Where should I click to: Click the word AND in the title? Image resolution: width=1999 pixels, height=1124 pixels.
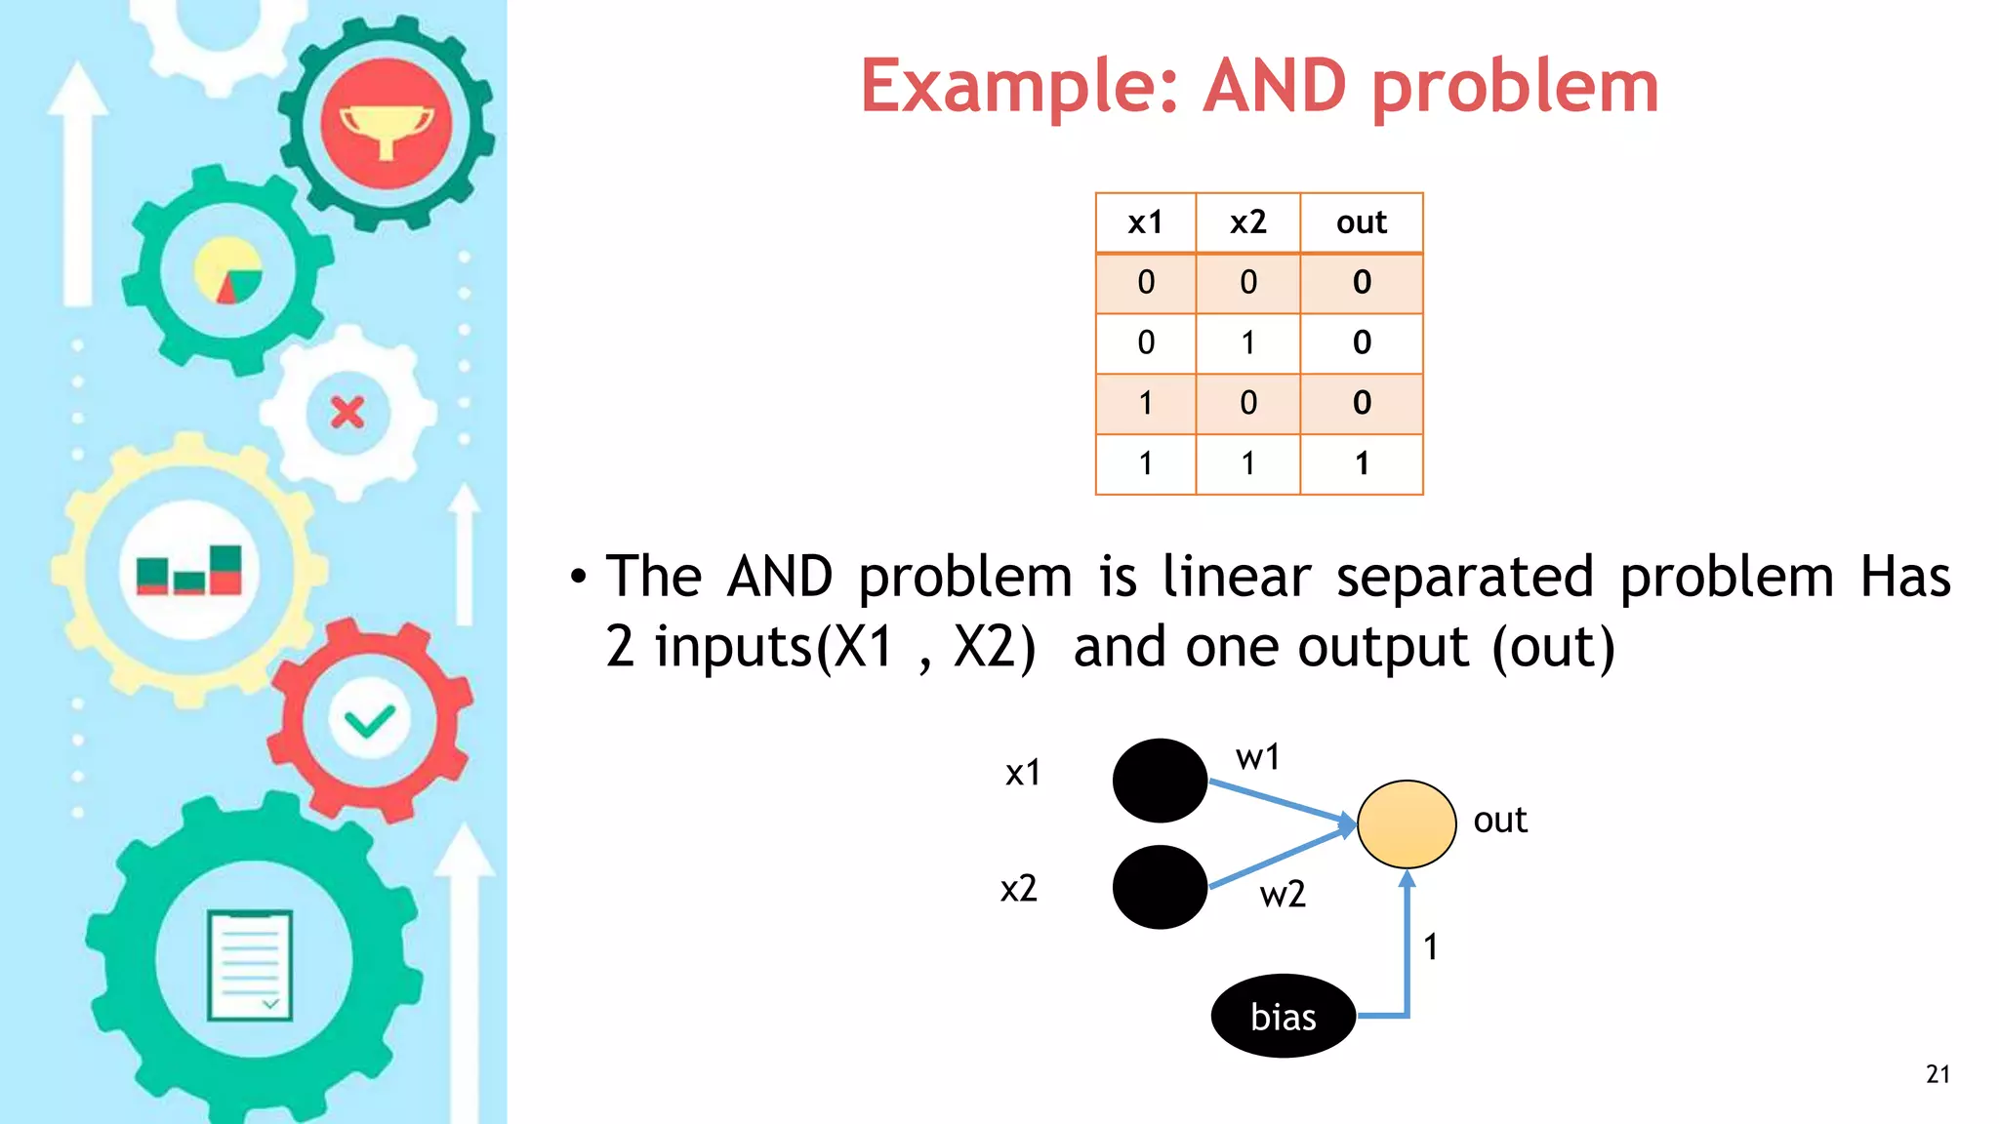pos(1275,86)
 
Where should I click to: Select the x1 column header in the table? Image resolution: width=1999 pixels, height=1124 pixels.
pos(1145,222)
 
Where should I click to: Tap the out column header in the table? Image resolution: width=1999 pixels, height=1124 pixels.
pos(1361,222)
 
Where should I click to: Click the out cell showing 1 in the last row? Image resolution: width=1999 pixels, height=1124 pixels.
pos(1361,463)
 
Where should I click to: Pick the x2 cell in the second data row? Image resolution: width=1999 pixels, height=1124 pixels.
pos(1247,342)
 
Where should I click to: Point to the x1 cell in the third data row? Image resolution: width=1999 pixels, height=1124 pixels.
pos(1145,403)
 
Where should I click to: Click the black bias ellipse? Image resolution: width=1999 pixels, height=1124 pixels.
pos(1283,1016)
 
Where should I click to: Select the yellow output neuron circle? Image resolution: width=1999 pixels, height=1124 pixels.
pos(1407,824)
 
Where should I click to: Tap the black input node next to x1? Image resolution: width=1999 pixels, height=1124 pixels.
pos(1160,781)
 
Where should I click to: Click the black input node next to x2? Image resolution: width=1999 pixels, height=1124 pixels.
pos(1160,887)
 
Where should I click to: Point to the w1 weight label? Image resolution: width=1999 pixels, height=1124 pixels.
pos(1257,757)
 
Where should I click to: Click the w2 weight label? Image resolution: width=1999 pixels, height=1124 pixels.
pos(1282,894)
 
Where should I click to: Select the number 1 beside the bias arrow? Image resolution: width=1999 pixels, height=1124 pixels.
pos(1430,946)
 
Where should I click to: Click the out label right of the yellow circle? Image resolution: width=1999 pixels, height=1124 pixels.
pos(1499,820)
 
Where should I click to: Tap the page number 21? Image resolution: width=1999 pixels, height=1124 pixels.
pos(1938,1074)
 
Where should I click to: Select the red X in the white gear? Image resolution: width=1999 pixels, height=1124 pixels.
pos(347,413)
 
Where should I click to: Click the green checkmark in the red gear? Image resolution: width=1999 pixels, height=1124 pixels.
pos(369,722)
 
